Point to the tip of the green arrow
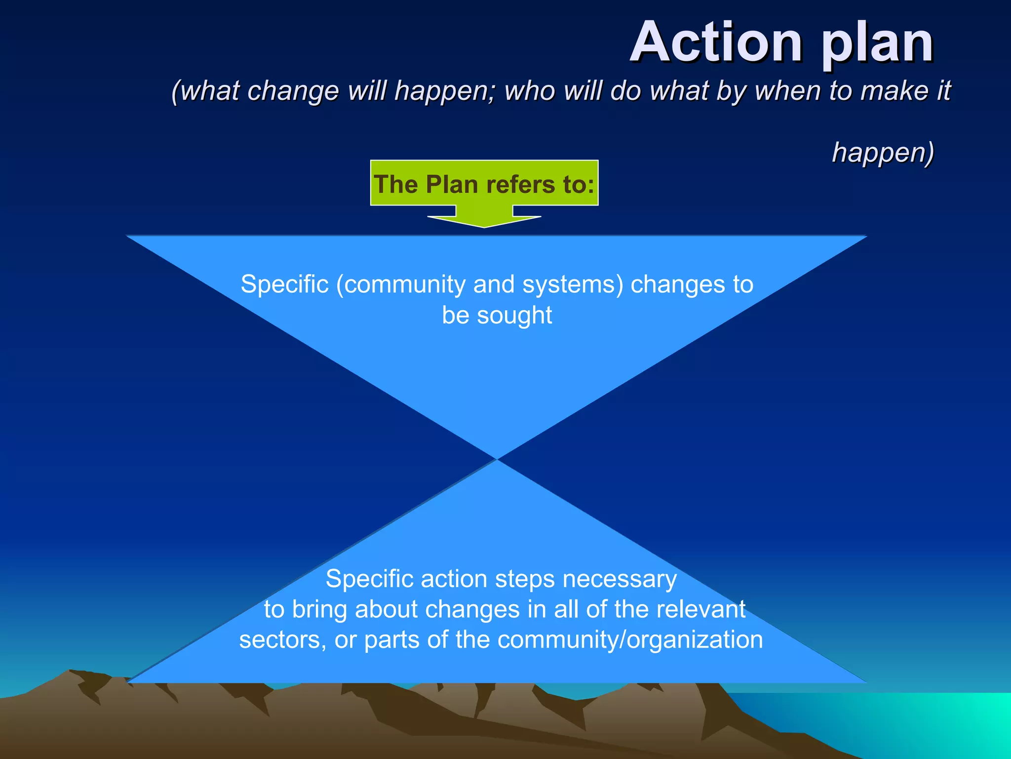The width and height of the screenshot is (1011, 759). pos(484,227)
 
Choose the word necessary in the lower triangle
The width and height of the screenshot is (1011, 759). pos(620,579)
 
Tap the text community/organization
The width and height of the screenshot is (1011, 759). pos(630,640)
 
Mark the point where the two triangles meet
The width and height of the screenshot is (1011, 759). pos(497,460)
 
